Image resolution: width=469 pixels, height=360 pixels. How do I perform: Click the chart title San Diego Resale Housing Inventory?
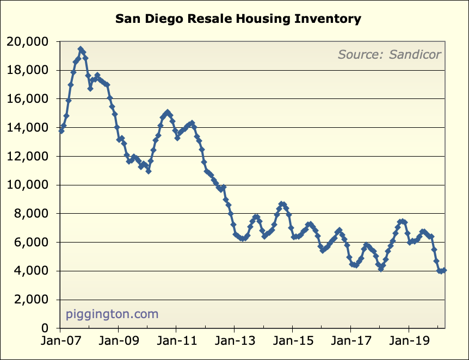238,19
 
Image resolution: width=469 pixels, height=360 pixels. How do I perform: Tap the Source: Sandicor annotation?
389,54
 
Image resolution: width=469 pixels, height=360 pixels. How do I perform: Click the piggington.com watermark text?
112,314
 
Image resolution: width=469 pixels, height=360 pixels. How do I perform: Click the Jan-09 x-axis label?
118,344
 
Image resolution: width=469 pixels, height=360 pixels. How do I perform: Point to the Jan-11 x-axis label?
176,344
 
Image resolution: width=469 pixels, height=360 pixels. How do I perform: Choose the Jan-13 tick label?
234,344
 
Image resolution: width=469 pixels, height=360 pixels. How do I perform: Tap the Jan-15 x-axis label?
292,344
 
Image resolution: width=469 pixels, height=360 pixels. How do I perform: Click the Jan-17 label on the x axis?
350,344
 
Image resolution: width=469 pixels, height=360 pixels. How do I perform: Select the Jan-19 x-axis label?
409,344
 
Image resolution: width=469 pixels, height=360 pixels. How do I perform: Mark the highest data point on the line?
81,49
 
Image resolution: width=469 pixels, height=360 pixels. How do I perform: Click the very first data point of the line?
61,131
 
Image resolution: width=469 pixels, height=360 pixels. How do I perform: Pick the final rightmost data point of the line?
445,270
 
